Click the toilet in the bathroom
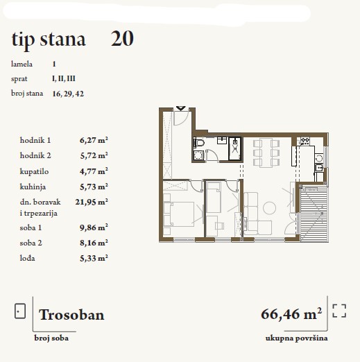pyautogui.click(x=199, y=142)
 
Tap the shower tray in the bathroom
pyautogui.click(x=235, y=148)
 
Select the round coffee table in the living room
pyautogui.click(x=269, y=208)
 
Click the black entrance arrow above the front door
pyautogui.click(x=180, y=108)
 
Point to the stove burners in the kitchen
pyautogui.click(x=305, y=141)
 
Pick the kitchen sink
pyautogui.click(x=319, y=167)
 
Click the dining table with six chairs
pyautogui.click(x=266, y=153)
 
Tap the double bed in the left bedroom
pyautogui.click(x=178, y=214)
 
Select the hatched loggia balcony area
pyautogui.click(x=314, y=214)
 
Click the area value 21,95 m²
pyautogui.click(x=92, y=202)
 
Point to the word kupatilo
pyautogui.click(x=34, y=172)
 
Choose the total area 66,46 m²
pyautogui.click(x=291, y=314)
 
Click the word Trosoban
pyautogui.click(x=71, y=315)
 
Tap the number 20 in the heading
pyautogui.click(x=122, y=39)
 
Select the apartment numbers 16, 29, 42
pyautogui.click(x=68, y=94)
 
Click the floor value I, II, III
pyautogui.click(x=64, y=78)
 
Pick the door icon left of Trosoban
pyautogui.click(x=20, y=311)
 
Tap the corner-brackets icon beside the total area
pyautogui.click(x=339, y=311)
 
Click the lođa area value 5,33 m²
pyautogui.click(x=94, y=258)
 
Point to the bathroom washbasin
pyautogui.click(x=222, y=140)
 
